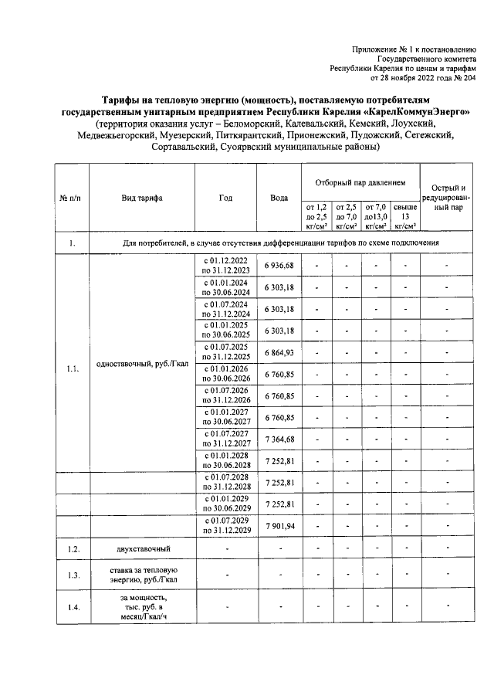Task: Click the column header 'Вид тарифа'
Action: [x=141, y=198]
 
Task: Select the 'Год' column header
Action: [x=225, y=198]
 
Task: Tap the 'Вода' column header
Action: [x=279, y=198]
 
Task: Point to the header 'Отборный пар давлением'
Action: [x=360, y=182]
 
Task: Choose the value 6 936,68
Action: [x=279, y=266]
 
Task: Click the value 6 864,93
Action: [x=279, y=352]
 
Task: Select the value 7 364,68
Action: [x=279, y=439]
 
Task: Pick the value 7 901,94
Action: [x=279, y=526]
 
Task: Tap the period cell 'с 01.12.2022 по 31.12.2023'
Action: [x=225, y=266]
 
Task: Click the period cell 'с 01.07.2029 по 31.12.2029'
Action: [x=225, y=526]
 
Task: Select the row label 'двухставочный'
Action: [x=141, y=549]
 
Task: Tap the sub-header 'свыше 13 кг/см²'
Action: [x=405, y=216]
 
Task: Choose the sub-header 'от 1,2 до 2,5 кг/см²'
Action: [x=317, y=216]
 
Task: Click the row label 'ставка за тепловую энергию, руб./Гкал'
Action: [x=141, y=575]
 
